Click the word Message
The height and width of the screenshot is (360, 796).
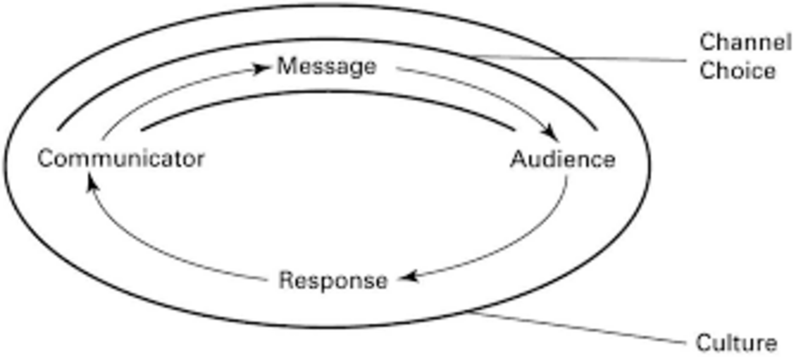click(x=326, y=66)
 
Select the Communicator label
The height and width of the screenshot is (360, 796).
click(x=121, y=159)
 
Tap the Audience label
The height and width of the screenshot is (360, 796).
click(x=563, y=160)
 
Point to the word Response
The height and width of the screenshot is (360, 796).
click(x=333, y=281)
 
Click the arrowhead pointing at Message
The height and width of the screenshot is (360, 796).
click(x=263, y=69)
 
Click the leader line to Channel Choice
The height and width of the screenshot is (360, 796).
click(x=582, y=59)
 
